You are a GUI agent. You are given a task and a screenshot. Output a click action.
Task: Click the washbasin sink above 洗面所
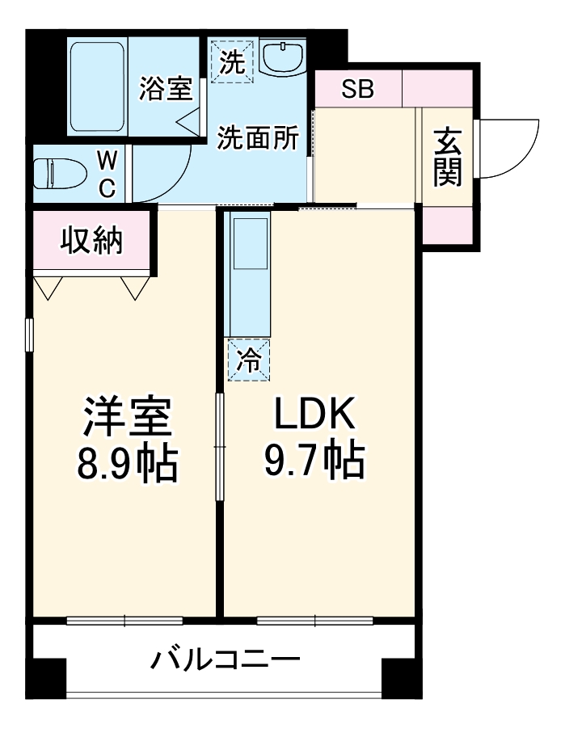(x=282, y=57)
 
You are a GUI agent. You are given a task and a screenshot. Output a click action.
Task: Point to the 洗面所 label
(x=258, y=138)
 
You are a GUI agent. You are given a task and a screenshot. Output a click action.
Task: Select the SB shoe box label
(x=357, y=89)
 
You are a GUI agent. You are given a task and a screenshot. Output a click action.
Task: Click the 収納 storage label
(x=93, y=241)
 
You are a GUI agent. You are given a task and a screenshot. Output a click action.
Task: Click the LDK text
(x=314, y=418)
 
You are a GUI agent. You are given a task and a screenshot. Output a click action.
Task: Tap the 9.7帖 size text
(x=314, y=463)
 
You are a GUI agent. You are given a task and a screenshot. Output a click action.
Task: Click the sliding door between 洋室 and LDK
(x=219, y=449)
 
